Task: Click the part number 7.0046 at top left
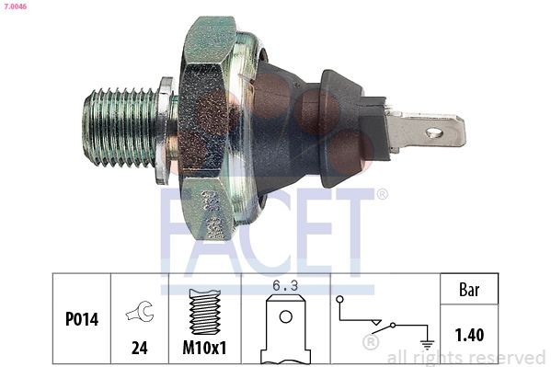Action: pos(16,6)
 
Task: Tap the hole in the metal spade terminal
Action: pos(434,132)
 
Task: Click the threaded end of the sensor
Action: pos(120,127)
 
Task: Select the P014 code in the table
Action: pos(82,319)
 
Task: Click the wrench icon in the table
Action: pos(140,311)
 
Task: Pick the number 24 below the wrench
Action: pos(140,348)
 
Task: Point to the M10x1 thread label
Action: pos(204,348)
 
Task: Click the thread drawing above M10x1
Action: pos(205,312)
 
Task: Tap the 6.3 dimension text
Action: pos(285,285)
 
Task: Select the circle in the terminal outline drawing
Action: pos(286,317)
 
